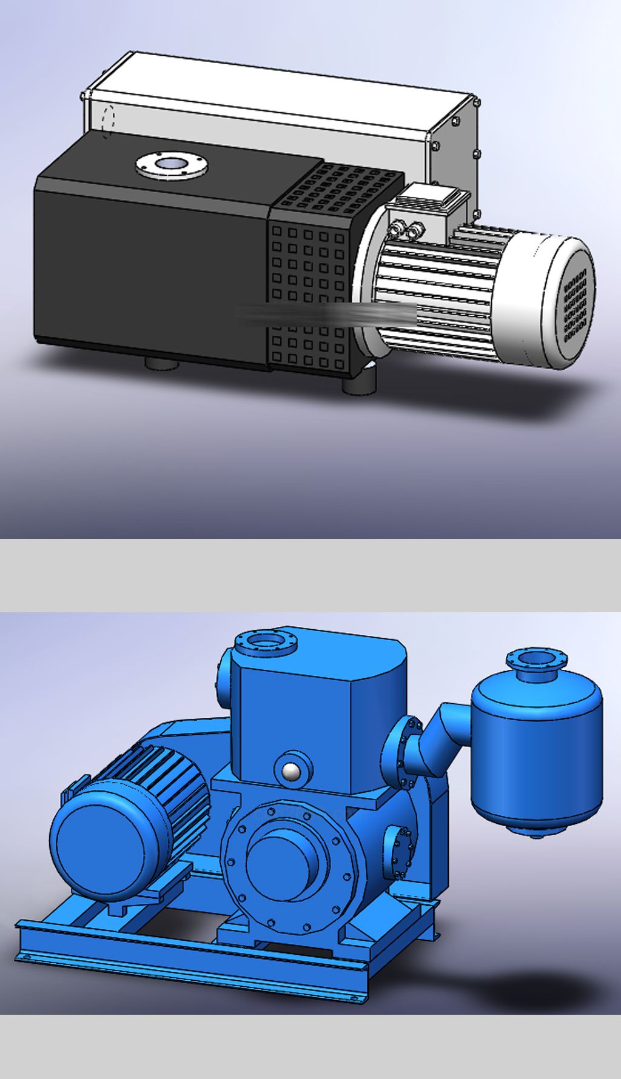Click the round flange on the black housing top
click(172, 164)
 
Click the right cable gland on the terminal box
click(416, 230)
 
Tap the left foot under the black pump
click(162, 364)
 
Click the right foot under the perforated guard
click(359, 385)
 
